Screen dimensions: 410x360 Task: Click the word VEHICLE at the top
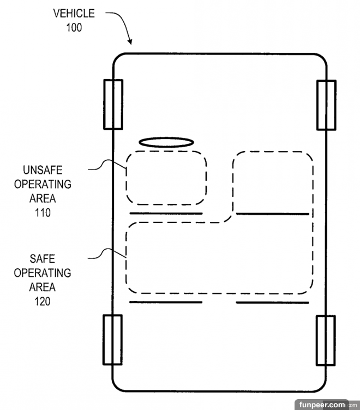click(x=74, y=13)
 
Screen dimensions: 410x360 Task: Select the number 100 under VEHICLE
click(x=74, y=27)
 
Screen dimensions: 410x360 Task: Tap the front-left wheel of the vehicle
click(x=113, y=104)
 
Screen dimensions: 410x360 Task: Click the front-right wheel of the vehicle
click(x=326, y=105)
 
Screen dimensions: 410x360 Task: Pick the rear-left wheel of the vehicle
click(x=113, y=340)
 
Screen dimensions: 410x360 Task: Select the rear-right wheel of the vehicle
click(x=326, y=340)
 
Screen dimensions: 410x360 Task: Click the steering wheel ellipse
click(x=166, y=142)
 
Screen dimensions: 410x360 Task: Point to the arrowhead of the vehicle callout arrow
click(x=130, y=42)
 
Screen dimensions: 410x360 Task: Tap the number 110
click(x=42, y=213)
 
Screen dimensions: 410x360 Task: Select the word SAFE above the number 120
click(x=43, y=258)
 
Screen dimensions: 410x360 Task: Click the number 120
click(x=42, y=301)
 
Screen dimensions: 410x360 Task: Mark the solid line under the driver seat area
click(x=166, y=213)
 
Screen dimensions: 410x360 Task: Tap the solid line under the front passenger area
click(x=272, y=213)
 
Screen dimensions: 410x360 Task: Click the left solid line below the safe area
click(x=166, y=302)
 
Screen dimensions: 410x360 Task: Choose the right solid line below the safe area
click(x=272, y=302)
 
